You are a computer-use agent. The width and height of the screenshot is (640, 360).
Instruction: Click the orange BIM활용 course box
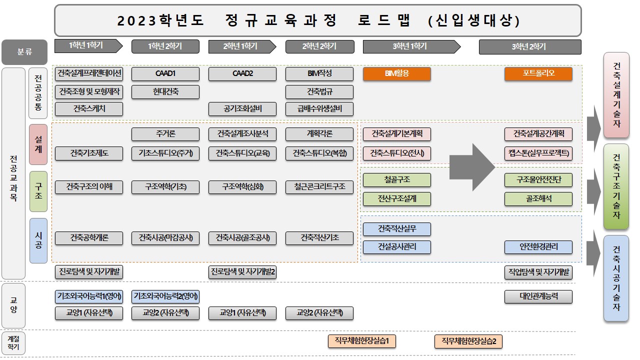(397, 73)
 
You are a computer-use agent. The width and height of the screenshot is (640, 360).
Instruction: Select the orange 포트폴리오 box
(538, 73)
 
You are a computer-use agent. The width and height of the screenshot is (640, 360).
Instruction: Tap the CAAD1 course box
(165, 73)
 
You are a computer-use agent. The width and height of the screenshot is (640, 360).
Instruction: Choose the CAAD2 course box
(242, 73)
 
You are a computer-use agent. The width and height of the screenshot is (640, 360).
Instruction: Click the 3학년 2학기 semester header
(530, 47)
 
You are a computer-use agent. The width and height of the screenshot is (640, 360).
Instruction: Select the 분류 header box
(24, 52)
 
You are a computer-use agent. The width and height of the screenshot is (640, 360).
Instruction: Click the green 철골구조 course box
(397, 180)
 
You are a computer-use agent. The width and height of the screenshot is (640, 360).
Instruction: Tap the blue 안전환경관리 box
(538, 247)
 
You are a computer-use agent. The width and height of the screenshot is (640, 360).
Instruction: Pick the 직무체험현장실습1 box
(361, 341)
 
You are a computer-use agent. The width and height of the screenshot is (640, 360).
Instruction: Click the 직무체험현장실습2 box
(468, 341)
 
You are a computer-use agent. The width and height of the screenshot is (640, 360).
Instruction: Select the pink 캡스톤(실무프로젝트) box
(538, 153)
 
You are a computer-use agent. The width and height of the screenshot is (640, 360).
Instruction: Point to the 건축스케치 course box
(89, 109)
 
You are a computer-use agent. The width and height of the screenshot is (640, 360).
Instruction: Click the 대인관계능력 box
(538, 296)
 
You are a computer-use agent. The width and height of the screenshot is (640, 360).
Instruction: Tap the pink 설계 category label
(38, 144)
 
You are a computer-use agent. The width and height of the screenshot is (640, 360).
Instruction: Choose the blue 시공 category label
(38, 240)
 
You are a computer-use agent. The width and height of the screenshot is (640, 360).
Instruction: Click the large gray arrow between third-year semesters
(472, 167)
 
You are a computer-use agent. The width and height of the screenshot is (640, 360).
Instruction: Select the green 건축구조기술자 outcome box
(616, 186)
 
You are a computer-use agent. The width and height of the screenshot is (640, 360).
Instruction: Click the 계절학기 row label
(13, 343)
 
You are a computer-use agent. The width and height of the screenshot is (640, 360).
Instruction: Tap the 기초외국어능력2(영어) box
(165, 296)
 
